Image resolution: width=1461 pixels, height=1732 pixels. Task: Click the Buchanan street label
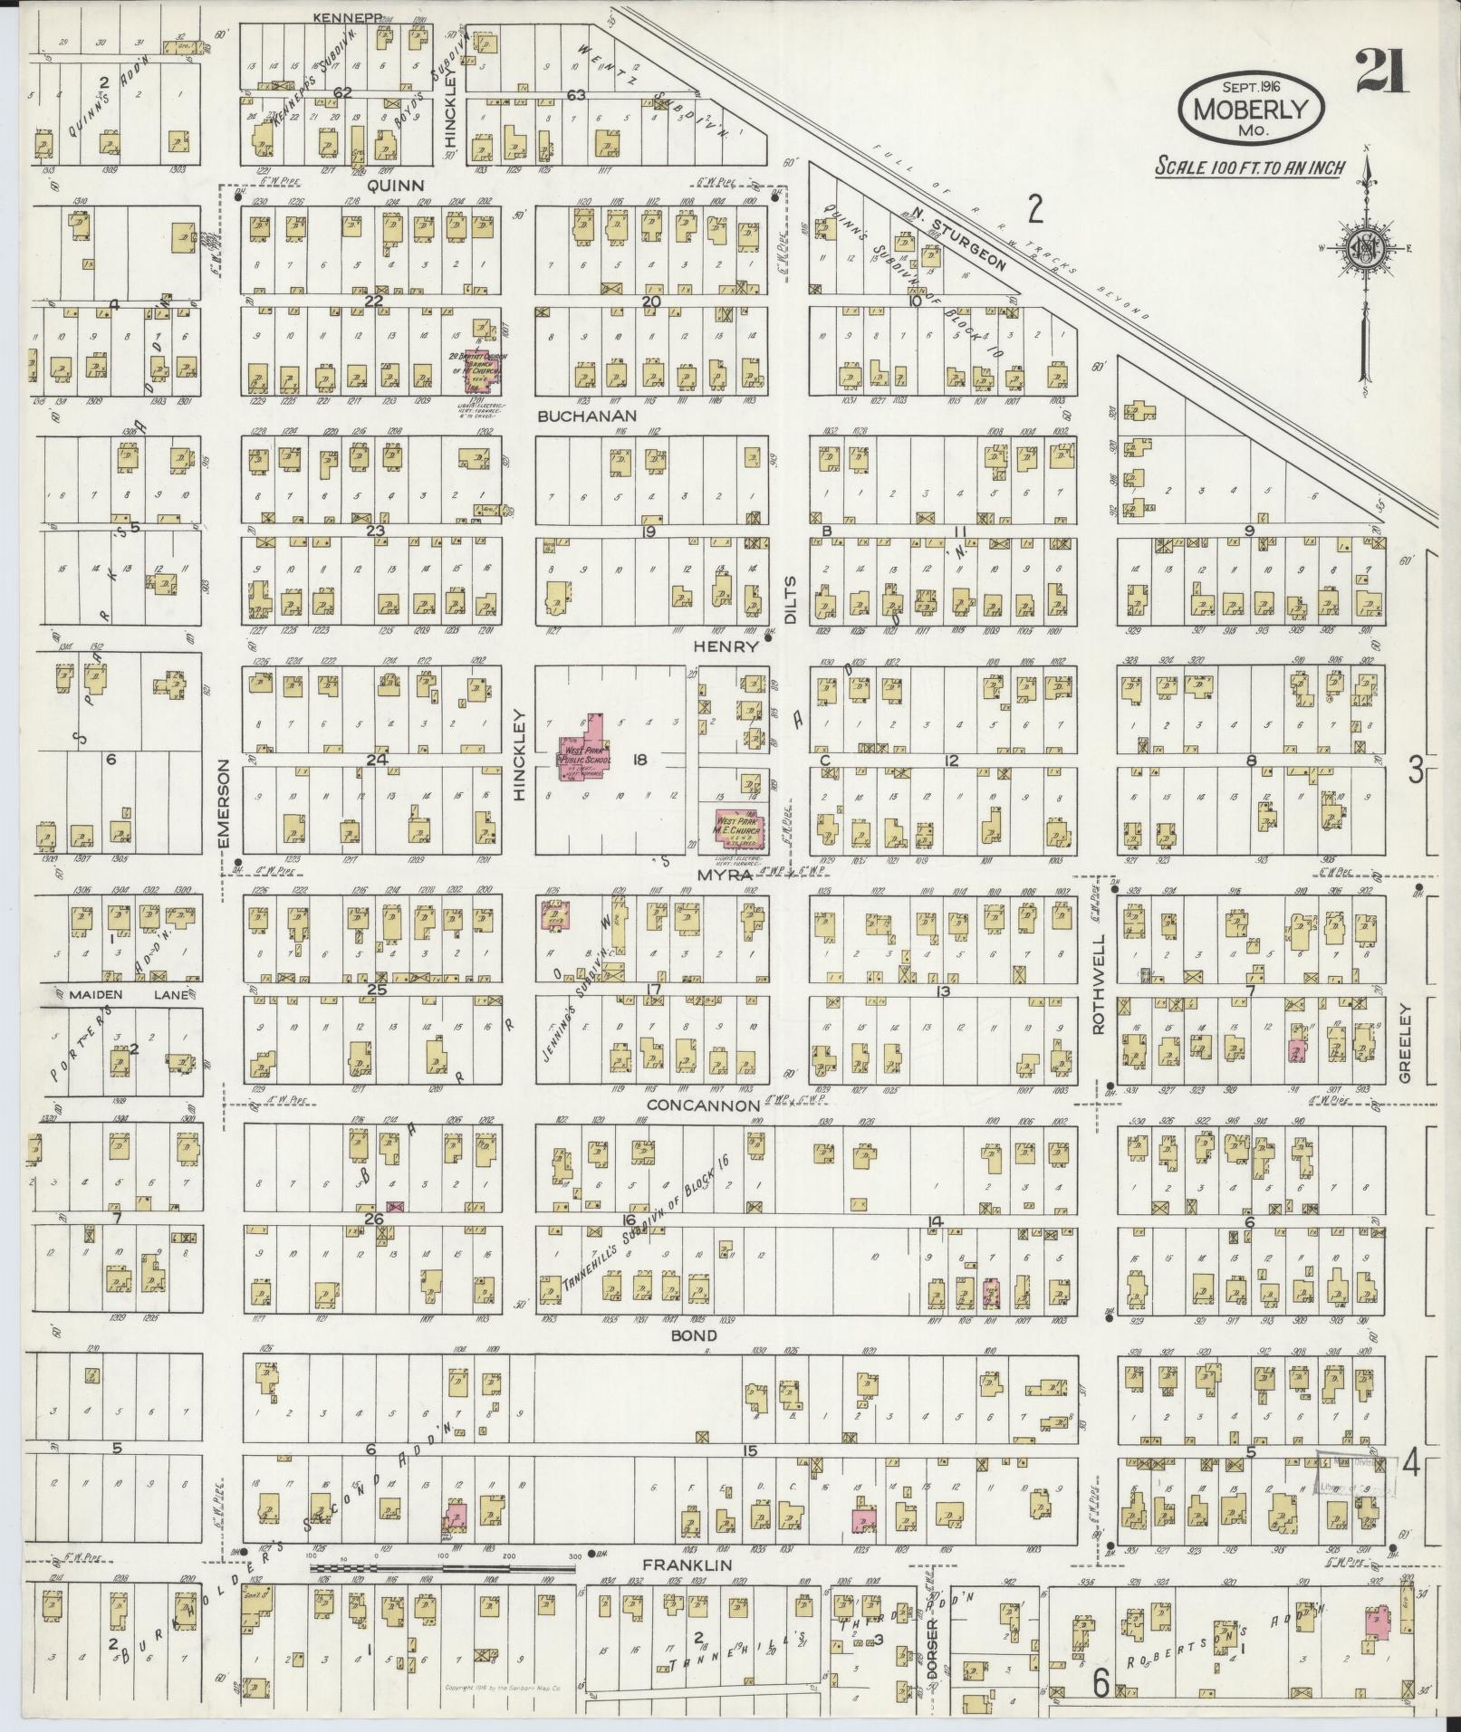(587, 416)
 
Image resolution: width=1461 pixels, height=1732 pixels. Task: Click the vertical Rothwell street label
(1100, 993)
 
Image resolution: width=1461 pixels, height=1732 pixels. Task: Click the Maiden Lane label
(127, 995)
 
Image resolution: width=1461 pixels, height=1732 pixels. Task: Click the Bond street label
(695, 1335)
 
